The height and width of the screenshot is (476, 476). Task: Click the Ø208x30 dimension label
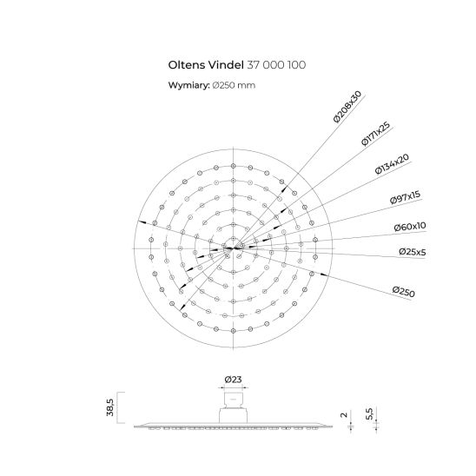click(x=347, y=107)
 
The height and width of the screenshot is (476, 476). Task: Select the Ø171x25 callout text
click(x=376, y=134)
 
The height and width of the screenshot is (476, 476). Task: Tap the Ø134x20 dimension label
click(x=393, y=164)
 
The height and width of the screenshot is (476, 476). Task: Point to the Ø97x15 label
click(x=406, y=197)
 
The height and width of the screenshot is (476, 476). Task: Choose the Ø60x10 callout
click(x=410, y=227)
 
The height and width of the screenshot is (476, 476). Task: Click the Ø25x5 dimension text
click(x=413, y=252)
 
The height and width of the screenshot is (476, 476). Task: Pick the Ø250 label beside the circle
click(x=403, y=292)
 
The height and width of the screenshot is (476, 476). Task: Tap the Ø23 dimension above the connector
click(x=233, y=380)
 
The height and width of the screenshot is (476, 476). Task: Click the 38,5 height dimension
click(x=110, y=407)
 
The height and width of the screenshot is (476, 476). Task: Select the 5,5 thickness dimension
click(x=369, y=413)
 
